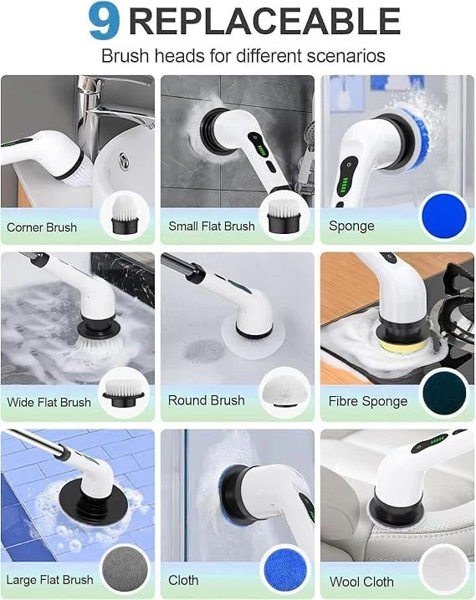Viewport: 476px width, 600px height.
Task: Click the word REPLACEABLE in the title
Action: [x=264, y=22]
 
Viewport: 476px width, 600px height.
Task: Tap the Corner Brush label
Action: [x=42, y=227]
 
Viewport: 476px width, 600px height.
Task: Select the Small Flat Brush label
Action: [x=212, y=226]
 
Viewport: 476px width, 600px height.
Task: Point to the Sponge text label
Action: [x=351, y=226]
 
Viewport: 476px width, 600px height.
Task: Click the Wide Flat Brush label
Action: [x=49, y=402]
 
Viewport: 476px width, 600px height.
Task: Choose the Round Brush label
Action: [x=206, y=400]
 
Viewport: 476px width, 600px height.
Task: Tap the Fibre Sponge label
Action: [x=368, y=401]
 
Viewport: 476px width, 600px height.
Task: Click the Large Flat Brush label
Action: [x=48, y=580]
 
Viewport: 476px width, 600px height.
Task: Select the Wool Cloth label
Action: [x=362, y=582]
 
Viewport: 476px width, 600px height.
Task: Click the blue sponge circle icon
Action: [x=444, y=216]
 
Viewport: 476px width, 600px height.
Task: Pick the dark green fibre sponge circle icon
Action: [x=444, y=392]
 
